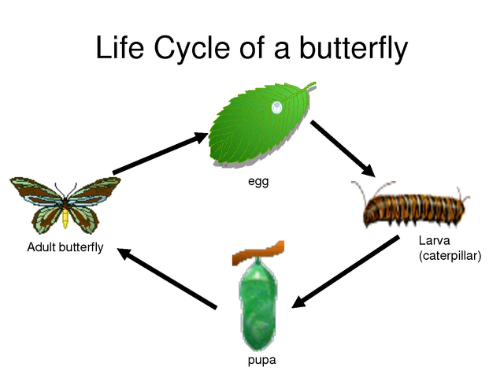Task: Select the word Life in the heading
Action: [120, 47]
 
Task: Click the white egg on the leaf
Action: [276, 108]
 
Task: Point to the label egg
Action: [258, 182]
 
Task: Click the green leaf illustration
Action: [261, 124]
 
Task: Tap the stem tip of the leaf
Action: [314, 83]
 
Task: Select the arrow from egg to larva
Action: [343, 149]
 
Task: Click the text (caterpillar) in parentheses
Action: [450, 256]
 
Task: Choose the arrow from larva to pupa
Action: [346, 272]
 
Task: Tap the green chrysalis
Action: [258, 304]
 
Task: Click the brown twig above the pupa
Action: [258, 252]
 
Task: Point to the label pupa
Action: [261, 361]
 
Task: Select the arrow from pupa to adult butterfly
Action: [167, 278]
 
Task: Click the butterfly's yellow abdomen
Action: [65, 218]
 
